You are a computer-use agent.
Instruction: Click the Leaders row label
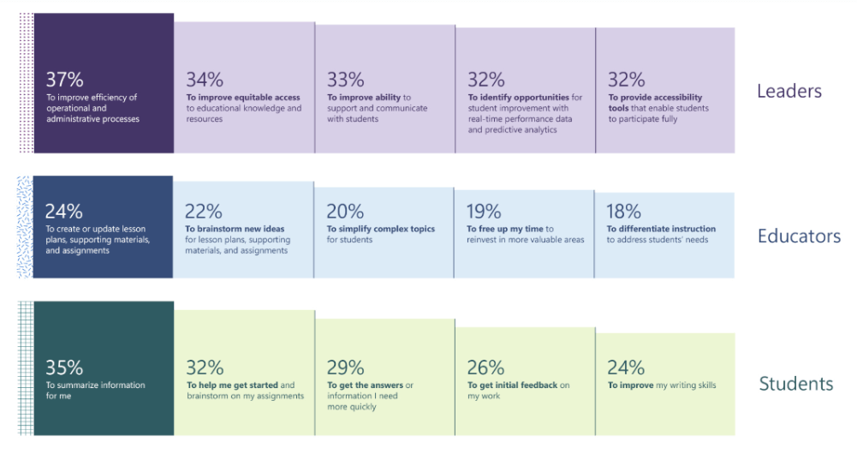[789, 91]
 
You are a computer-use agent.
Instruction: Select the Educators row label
[799, 236]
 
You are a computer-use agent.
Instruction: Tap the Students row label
[795, 384]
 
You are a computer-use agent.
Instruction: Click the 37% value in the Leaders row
[64, 80]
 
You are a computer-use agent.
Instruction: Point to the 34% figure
[205, 80]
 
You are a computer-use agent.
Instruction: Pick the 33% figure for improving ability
[345, 80]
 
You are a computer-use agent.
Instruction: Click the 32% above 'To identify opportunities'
[485, 80]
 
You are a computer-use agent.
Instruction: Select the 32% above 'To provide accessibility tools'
[626, 80]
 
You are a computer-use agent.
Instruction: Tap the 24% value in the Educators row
[64, 211]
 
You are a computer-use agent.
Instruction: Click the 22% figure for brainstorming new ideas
[205, 211]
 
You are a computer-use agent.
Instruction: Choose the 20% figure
[345, 211]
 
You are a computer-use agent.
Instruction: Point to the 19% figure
[485, 211]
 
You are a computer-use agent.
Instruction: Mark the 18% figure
[625, 211]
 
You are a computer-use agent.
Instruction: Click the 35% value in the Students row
[64, 367]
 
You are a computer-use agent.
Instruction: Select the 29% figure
[345, 367]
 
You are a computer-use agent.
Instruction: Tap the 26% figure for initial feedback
[485, 367]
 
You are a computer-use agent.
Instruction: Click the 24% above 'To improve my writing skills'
[626, 367]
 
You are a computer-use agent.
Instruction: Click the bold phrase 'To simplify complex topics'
[380, 230]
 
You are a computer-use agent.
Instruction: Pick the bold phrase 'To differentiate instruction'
[661, 230]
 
